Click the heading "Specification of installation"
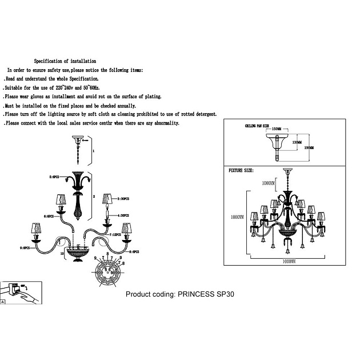pos(65,61)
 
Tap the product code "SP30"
pos(223,295)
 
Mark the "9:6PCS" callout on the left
pos(26,248)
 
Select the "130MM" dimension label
pos(296,142)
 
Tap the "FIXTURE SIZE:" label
pos(241,170)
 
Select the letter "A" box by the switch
pos(4,302)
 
